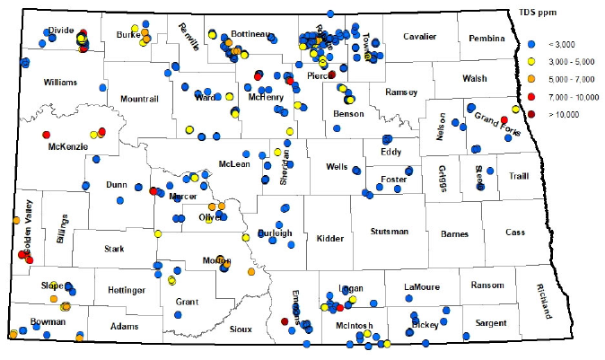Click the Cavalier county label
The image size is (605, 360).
click(418, 37)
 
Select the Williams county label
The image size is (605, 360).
click(60, 82)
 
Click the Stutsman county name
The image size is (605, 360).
click(388, 232)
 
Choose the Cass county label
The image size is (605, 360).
click(514, 232)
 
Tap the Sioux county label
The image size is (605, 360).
click(241, 329)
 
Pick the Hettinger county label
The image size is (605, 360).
click(126, 290)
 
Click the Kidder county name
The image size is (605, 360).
click(330, 238)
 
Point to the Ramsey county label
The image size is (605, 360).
click(400, 92)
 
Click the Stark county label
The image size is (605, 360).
click(114, 249)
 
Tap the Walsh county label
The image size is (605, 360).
click(474, 78)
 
